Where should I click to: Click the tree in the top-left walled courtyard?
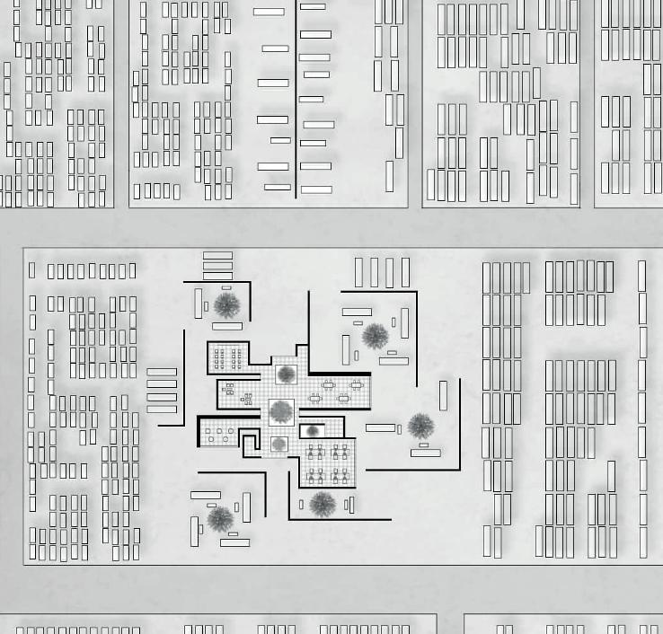(x=226, y=304)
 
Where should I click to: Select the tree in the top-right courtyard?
(x=375, y=337)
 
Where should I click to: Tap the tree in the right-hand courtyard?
(x=420, y=426)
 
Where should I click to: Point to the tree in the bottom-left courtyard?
(x=219, y=518)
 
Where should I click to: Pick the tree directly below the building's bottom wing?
(x=322, y=505)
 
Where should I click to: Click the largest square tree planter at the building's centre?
(x=281, y=412)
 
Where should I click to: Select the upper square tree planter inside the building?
(x=287, y=374)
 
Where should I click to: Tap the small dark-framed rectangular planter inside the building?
(x=313, y=432)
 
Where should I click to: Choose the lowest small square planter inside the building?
(x=279, y=445)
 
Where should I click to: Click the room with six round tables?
(x=219, y=435)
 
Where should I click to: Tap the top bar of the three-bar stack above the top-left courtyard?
(x=217, y=256)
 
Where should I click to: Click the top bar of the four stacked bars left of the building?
(x=162, y=372)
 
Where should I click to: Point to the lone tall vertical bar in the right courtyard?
(x=443, y=396)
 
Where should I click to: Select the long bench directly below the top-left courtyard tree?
(x=227, y=326)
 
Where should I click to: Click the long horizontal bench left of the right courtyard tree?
(x=380, y=428)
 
